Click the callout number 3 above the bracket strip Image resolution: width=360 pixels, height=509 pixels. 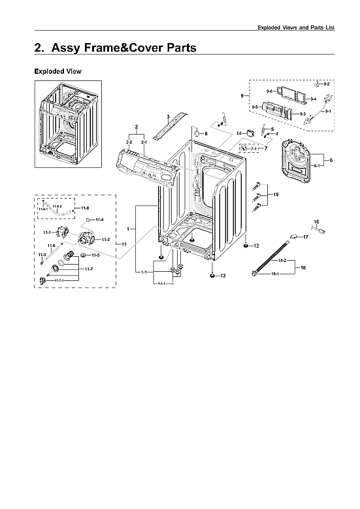pyautogui.click(x=168, y=116)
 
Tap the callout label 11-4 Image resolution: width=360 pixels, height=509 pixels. pyautogui.click(x=100, y=220)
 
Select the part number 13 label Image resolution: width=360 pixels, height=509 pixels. pyautogui.click(x=223, y=276)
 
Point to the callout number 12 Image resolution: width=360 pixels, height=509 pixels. pyautogui.click(x=275, y=246)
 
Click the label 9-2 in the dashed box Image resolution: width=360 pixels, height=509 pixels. pyautogui.click(x=326, y=85)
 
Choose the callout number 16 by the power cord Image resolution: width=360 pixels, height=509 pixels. pyautogui.click(x=316, y=222)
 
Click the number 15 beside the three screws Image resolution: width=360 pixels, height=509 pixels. pyautogui.click(x=276, y=195)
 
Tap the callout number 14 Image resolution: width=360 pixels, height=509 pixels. pyautogui.click(x=239, y=133)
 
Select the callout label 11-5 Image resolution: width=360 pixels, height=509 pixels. pyautogui.click(x=95, y=255)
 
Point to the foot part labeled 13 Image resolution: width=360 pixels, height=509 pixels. pyautogui.click(x=212, y=275)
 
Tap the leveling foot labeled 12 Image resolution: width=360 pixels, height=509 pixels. pyautogui.click(x=263, y=246)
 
